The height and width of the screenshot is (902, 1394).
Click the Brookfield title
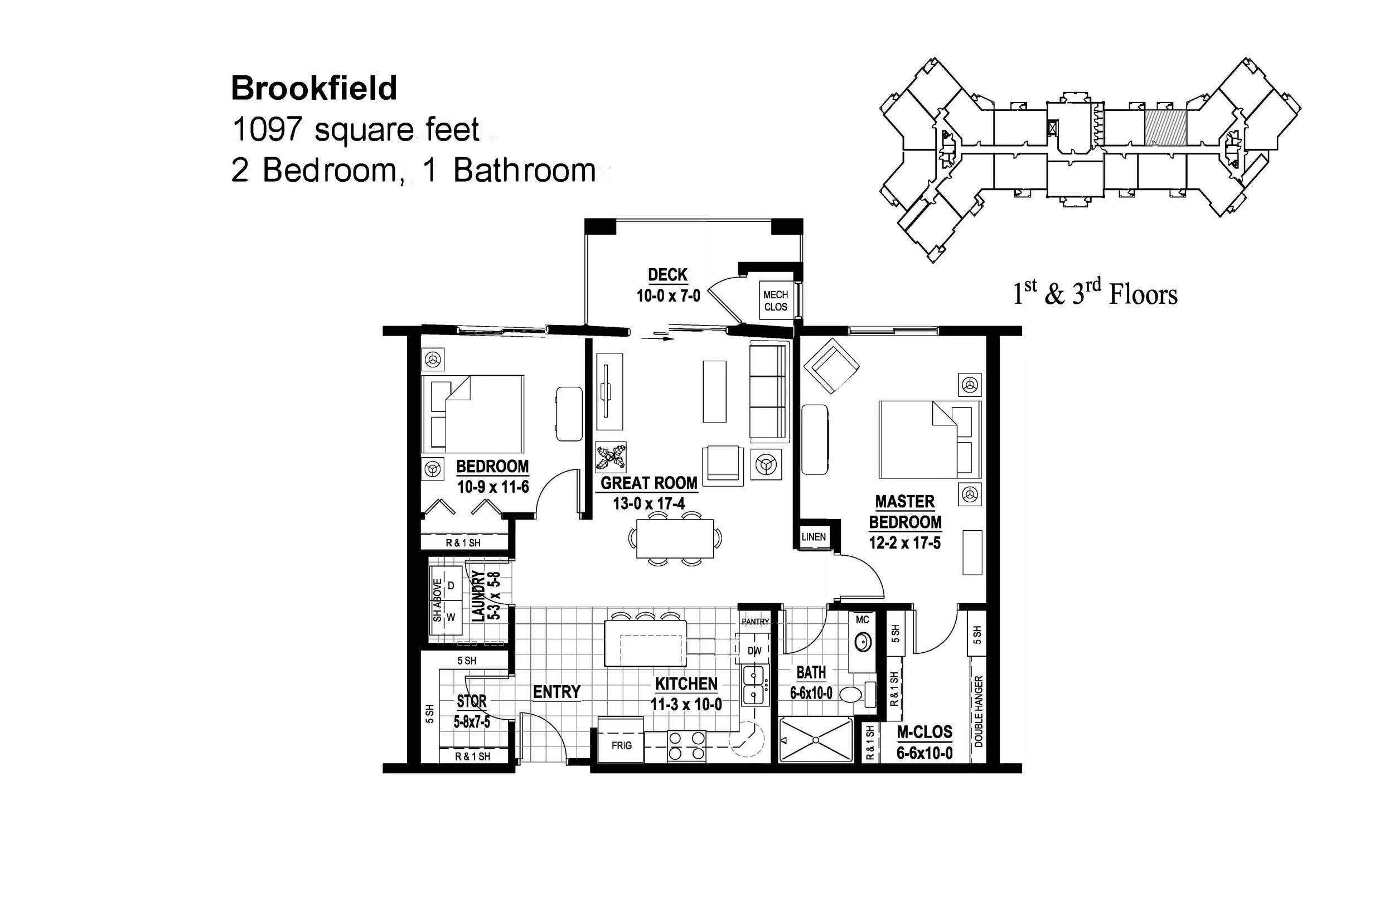[314, 89]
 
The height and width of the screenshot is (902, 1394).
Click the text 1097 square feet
[356, 129]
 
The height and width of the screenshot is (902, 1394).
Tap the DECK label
[667, 275]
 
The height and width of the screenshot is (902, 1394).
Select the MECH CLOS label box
[776, 300]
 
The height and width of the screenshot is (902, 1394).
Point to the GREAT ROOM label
[649, 483]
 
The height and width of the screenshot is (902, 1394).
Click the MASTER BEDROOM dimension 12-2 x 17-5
[904, 543]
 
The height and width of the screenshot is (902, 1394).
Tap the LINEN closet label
[814, 536]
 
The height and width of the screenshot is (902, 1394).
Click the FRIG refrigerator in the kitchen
[621, 745]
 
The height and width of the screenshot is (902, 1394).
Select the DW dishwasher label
[754, 651]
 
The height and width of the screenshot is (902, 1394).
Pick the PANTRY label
[755, 622]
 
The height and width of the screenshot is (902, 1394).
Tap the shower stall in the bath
[815, 740]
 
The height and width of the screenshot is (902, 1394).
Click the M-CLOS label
[925, 732]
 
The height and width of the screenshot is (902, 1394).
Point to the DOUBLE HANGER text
[978, 712]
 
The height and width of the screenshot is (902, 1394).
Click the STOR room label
[472, 701]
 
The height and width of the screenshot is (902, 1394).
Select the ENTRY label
[556, 692]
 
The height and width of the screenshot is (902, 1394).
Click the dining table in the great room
[675, 539]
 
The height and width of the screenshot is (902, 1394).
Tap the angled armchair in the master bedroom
[831, 366]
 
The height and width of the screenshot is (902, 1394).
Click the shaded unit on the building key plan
[1165, 127]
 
